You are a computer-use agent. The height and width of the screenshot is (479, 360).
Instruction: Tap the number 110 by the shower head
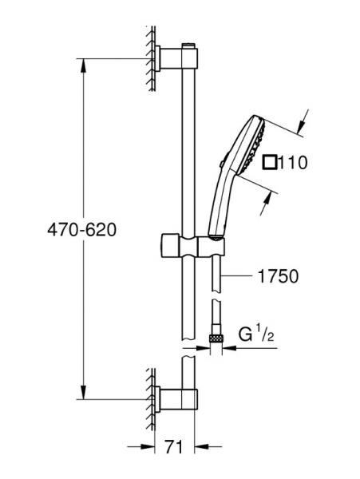pos(292,164)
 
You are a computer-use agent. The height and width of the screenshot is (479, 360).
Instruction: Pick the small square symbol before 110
pos(269,164)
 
